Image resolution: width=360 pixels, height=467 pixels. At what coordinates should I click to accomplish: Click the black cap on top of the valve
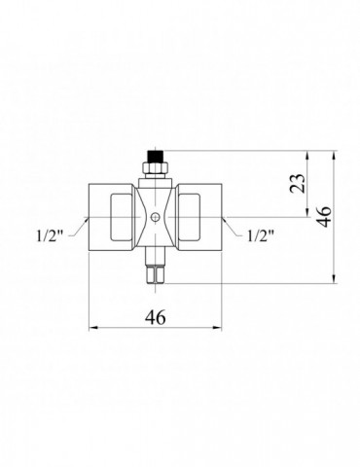point(155,157)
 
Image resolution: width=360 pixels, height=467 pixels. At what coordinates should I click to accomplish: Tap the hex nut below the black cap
point(156,168)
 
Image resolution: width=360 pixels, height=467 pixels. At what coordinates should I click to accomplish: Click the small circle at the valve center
point(156,217)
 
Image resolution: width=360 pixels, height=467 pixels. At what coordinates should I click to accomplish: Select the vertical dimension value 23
point(298,184)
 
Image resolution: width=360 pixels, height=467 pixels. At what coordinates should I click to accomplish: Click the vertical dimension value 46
point(324,217)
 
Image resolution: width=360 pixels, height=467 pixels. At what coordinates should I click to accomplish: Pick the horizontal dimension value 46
point(156,317)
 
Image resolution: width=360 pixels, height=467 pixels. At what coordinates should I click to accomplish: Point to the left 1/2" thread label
point(49,236)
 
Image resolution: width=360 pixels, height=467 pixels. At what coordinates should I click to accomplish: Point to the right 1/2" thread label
point(261,236)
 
